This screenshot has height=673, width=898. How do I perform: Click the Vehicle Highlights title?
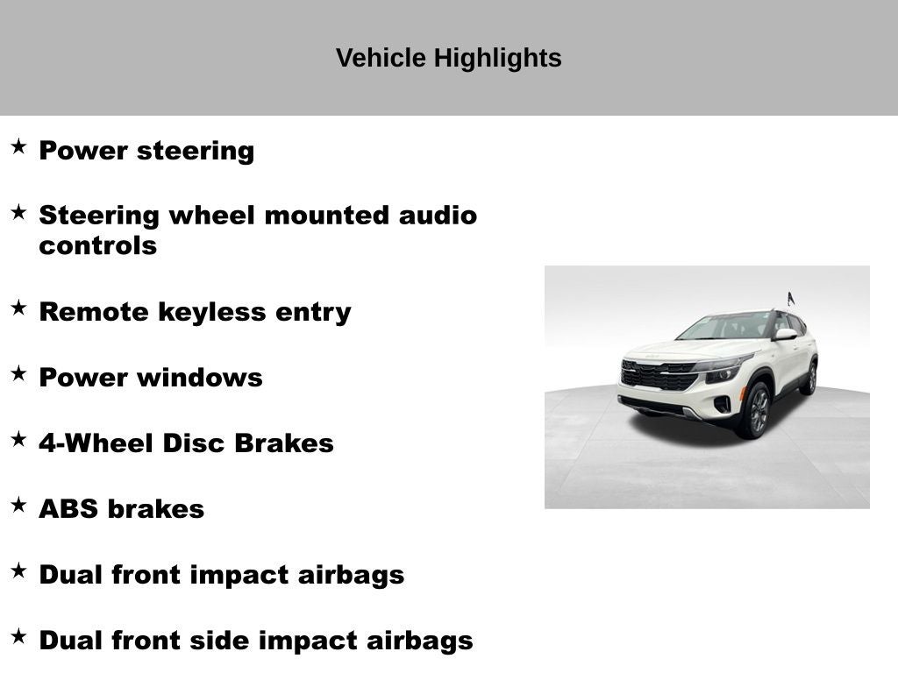[448, 59]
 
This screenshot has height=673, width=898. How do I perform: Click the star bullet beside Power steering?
[18, 146]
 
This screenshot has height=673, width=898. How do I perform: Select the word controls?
[97, 245]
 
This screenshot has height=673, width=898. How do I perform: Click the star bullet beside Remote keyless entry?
[18, 308]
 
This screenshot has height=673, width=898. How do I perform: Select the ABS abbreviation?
[68, 509]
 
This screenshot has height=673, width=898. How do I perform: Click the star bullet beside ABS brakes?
[18, 505]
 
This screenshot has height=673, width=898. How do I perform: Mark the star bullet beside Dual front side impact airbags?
[18, 636]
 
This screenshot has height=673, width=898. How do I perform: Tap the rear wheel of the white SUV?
[810, 378]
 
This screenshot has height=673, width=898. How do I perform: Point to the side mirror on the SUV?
[785, 334]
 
